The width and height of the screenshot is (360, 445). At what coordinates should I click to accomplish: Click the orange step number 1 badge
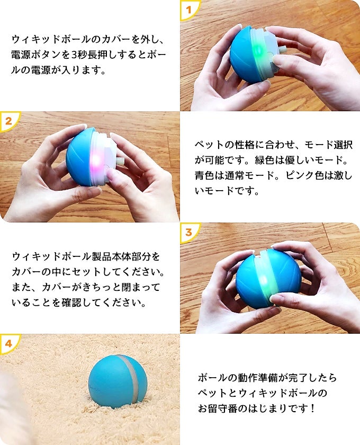[188, 9]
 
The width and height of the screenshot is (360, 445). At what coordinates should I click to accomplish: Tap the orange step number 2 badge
[8, 121]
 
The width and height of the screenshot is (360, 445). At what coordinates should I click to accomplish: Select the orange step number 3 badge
[188, 232]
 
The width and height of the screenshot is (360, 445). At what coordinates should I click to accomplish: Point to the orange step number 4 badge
[8, 343]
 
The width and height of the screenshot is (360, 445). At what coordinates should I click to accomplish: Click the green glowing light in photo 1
[258, 51]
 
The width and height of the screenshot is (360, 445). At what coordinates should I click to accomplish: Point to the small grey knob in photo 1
[283, 50]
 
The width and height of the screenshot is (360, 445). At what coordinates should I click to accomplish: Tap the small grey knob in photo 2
[120, 161]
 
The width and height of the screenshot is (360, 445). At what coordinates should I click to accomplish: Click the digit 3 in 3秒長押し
[74, 55]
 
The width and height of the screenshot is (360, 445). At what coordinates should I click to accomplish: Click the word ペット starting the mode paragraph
[210, 145]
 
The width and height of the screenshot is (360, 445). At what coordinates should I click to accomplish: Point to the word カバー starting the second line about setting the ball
[26, 272]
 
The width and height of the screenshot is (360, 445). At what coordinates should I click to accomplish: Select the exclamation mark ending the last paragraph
[312, 408]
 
